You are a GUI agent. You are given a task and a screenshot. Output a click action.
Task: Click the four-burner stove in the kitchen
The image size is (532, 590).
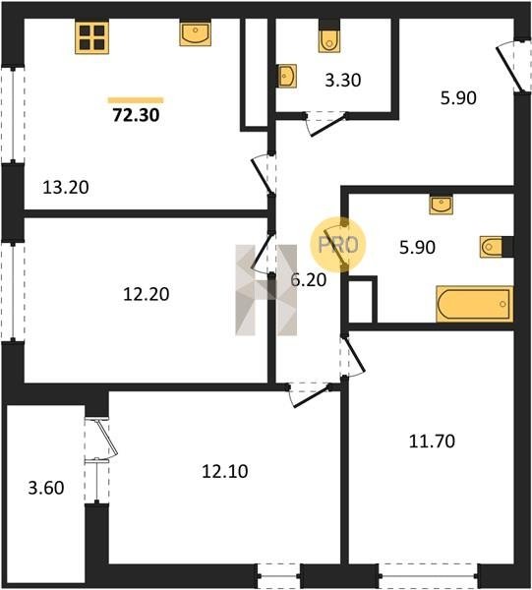click(x=91, y=37)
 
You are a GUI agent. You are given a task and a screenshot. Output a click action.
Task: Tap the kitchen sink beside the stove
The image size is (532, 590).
click(x=195, y=33)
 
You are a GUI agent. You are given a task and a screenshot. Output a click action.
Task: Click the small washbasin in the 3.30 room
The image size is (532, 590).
click(x=287, y=76)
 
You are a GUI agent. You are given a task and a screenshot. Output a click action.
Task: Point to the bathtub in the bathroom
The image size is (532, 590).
click(x=475, y=304)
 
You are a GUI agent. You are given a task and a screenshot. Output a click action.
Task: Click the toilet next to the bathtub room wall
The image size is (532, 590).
click(x=492, y=247)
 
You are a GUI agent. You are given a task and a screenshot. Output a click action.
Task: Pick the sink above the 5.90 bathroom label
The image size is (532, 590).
click(x=441, y=206)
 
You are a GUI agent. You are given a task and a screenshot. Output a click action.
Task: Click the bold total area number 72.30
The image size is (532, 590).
click(x=137, y=115)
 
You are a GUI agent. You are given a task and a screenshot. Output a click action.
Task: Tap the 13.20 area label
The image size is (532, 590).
click(x=66, y=188)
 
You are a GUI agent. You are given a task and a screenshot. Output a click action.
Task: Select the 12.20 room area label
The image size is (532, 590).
click(x=147, y=294)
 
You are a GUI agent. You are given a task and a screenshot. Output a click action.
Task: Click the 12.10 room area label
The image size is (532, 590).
click(x=225, y=471)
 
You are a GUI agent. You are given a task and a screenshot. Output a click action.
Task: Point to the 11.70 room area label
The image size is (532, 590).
click(x=432, y=442)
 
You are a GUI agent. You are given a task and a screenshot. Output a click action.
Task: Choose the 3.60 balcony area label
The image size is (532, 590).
click(x=46, y=488)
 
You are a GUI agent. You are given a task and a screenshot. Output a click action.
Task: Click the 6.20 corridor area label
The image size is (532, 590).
click(x=309, y=280)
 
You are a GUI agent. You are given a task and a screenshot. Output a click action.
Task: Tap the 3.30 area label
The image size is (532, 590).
click(x=343, y=81)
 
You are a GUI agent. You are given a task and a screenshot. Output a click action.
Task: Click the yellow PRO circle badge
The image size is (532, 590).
click(x=337, y=245)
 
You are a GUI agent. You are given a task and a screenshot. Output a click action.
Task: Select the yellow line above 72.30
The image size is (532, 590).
click(x=136, y=100)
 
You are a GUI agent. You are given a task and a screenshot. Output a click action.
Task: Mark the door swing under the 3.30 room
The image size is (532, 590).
click(x=325, y=123)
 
